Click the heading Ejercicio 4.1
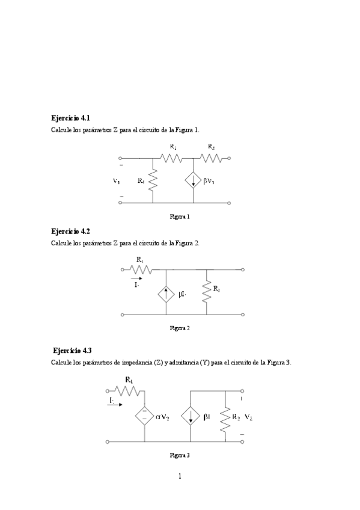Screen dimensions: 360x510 click(71, 118)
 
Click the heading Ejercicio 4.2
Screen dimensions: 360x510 click(71, 231)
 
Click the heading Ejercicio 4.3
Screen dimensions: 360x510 click(72, 350)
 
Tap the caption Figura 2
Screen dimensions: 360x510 click(180, 328)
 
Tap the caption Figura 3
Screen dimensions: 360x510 click(180, 455)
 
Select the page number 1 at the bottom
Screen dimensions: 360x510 click(180, 476)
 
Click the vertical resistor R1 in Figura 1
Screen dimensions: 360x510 click(153, 180)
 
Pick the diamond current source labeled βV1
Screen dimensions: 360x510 click(193, 180)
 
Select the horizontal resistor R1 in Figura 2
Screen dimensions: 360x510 click(140, 270)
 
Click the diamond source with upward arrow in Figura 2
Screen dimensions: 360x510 click(166, 295)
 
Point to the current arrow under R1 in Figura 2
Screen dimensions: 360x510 click(136, 279)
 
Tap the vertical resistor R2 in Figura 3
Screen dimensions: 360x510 click(225, 417)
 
